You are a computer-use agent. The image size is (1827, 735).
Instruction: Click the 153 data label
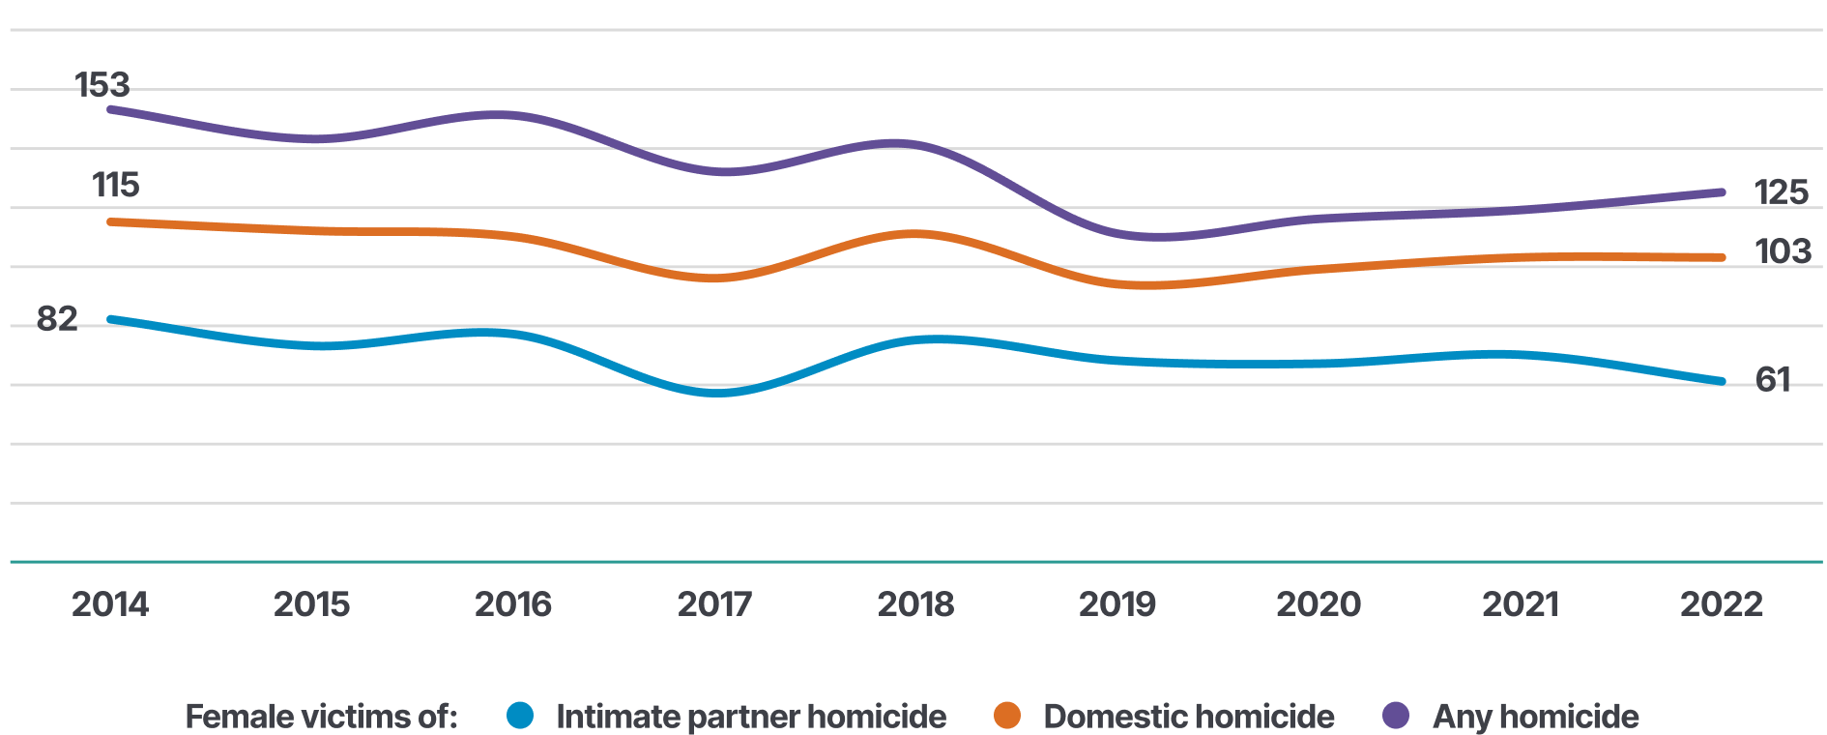click(102, 85)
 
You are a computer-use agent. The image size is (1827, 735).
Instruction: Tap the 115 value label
click(115, 185)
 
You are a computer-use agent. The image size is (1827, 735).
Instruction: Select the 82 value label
click(57, 318)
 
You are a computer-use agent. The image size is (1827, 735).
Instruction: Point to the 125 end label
click(1781, 192)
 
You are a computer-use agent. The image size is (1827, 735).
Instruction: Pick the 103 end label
click(1783, 251)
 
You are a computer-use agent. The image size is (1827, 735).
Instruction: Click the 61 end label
click(1772, 379)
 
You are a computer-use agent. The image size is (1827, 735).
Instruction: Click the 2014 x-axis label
click(110, 604)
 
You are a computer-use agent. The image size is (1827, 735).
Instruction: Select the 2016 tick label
click(512, 604)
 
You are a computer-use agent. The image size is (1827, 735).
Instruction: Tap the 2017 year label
click(714, 604)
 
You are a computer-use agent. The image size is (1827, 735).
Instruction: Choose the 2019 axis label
click(1116, 604)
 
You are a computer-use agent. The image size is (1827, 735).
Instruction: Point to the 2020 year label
click(1318, 604)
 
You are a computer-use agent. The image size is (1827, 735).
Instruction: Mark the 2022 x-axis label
click(1721, 604)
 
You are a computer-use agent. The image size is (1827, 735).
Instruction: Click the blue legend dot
click(520, 716)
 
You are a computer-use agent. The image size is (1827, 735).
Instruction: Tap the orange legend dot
click(1007, 716)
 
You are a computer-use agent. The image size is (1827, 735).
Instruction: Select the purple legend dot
click(1396, 716)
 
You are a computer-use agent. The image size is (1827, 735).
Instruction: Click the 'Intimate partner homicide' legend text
click(751, 717)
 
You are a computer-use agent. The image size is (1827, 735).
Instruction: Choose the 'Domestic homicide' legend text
click(1189, 717)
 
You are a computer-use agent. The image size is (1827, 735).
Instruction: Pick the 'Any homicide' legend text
click(1535, 717)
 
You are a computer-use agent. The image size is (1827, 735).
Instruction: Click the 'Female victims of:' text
click(321, 717)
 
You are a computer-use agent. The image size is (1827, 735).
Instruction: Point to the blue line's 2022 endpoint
click(1722, 381)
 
